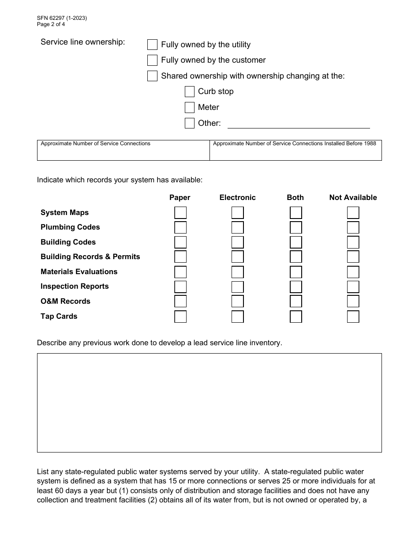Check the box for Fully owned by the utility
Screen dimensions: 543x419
[152, 45]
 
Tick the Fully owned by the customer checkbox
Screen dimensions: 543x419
[152, 60]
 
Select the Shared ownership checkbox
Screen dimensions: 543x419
[152, 76]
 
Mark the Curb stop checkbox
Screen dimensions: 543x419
[190, 92]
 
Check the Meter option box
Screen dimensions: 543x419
[190, 107]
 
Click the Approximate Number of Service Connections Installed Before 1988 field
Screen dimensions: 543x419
[296, 153]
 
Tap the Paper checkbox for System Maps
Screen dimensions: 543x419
[180, 213]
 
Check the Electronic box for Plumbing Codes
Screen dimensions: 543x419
[238, 228]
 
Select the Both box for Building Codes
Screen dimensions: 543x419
[296, 242]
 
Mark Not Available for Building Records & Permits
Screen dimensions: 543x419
[353, 257]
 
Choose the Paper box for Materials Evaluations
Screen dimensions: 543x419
[180, 272]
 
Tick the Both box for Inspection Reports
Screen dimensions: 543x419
[296, 287]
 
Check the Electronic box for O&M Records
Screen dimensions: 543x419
[238, 302]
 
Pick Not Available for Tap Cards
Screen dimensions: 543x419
[353, 317]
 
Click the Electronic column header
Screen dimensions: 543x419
[237, 198]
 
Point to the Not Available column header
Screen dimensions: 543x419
[353, 198]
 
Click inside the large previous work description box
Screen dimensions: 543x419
[209, 403]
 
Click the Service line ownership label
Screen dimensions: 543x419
[83, 42]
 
